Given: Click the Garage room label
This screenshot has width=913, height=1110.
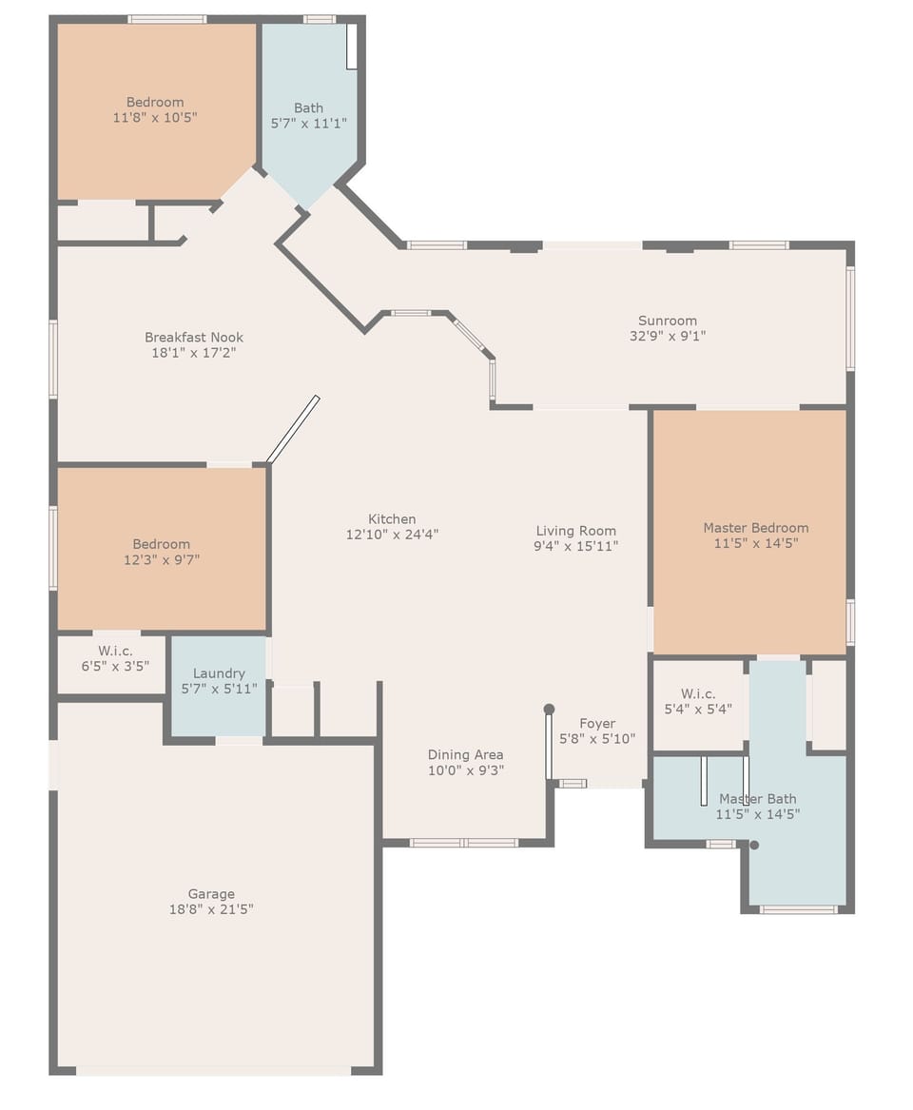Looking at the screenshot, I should (x=211, y=894).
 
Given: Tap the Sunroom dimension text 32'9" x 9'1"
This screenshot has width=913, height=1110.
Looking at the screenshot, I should (x=668, y=336).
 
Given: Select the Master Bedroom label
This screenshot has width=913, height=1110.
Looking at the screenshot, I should (x=756, y=528).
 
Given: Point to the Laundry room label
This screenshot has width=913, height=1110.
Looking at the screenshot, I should (x=219, y=673).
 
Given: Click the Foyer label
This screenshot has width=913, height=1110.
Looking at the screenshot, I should (x=597, y=724).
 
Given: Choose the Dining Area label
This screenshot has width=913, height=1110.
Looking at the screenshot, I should (x=465, y=755).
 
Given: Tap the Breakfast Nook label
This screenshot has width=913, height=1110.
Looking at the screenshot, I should (x=194, y=338).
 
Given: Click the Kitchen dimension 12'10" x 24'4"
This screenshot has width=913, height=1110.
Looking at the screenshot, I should (x=392, y=535).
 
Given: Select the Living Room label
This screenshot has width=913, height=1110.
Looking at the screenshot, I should (x=575, y=531).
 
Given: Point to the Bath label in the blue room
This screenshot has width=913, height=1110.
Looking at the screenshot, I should (x=308, y=108).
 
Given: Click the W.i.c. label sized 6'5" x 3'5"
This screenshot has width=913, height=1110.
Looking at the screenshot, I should (x=114, y=652).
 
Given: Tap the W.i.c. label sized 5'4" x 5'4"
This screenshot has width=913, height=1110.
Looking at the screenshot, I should (x=698, y=694).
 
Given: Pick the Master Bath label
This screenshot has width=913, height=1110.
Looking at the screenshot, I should (x=758, y=799).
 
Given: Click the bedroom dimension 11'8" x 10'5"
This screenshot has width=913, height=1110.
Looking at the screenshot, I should (x=155, y=117).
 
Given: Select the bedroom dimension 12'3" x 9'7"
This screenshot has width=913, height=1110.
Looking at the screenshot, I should (x=161, y=559).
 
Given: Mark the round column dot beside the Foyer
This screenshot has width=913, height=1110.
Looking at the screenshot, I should (x=549, y=709).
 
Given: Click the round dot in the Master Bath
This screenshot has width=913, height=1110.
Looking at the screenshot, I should (x=754, y=845).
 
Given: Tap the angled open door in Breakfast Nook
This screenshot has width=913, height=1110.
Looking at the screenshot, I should (x=293, y=429).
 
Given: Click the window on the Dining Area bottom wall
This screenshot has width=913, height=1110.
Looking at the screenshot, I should (x=463, y=843).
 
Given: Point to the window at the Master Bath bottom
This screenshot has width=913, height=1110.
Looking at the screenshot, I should (x=798, y=910).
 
